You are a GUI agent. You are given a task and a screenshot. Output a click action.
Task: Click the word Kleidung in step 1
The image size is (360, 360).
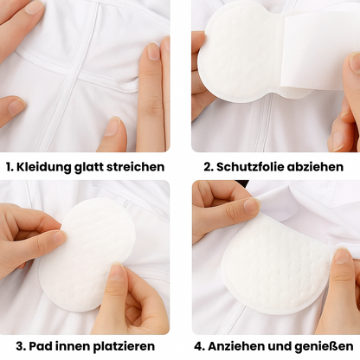tap(43, 167)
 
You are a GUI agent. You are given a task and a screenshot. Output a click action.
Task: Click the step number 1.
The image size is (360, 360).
tap(10, 167)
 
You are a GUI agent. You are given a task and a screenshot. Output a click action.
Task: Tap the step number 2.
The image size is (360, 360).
tap(209, 167)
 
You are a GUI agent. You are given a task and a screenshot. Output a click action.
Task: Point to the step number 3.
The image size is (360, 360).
tap(21, 346)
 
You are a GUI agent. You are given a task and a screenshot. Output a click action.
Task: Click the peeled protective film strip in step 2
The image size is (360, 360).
tap(314, 52)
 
